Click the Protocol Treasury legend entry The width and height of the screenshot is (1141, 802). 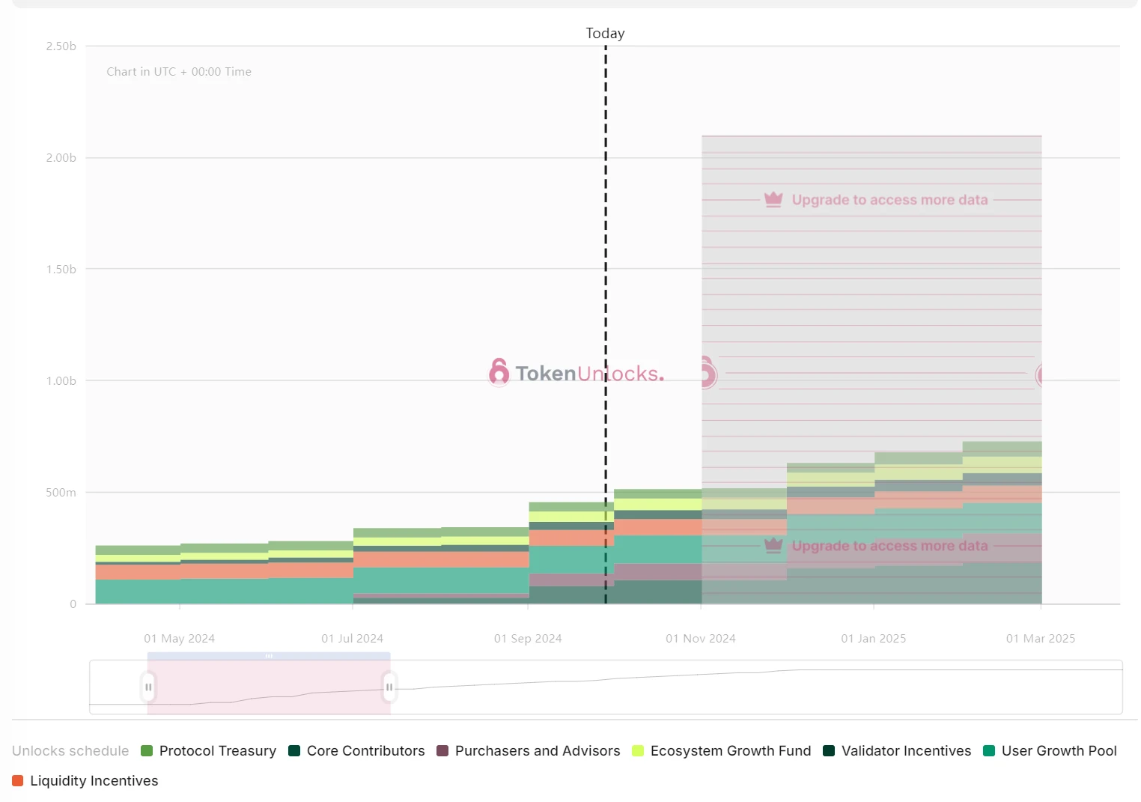209,751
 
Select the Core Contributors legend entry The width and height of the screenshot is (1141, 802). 356,751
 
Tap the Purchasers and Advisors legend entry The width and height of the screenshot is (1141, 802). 529,751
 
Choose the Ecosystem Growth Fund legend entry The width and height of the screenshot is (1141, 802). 722,751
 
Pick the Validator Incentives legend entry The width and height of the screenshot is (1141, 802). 897,751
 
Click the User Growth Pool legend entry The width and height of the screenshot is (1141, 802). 1050,751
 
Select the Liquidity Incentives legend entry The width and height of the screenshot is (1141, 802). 85,781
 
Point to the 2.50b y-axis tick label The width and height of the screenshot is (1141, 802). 61,46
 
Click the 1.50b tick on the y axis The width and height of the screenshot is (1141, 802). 61,270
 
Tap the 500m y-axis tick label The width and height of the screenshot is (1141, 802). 61,493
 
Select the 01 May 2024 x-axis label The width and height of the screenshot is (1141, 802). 180,639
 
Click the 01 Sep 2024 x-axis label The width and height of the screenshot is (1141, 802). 528,639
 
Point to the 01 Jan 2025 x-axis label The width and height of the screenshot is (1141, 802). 874,639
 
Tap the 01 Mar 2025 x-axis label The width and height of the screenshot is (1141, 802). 1041,639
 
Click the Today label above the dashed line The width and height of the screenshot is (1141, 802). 605,34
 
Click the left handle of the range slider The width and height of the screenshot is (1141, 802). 148,687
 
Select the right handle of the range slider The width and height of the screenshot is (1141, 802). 389,687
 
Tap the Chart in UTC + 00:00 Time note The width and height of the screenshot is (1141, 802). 179,72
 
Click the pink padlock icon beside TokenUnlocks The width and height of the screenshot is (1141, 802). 499,372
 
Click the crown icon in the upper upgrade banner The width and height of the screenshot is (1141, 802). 773,199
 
